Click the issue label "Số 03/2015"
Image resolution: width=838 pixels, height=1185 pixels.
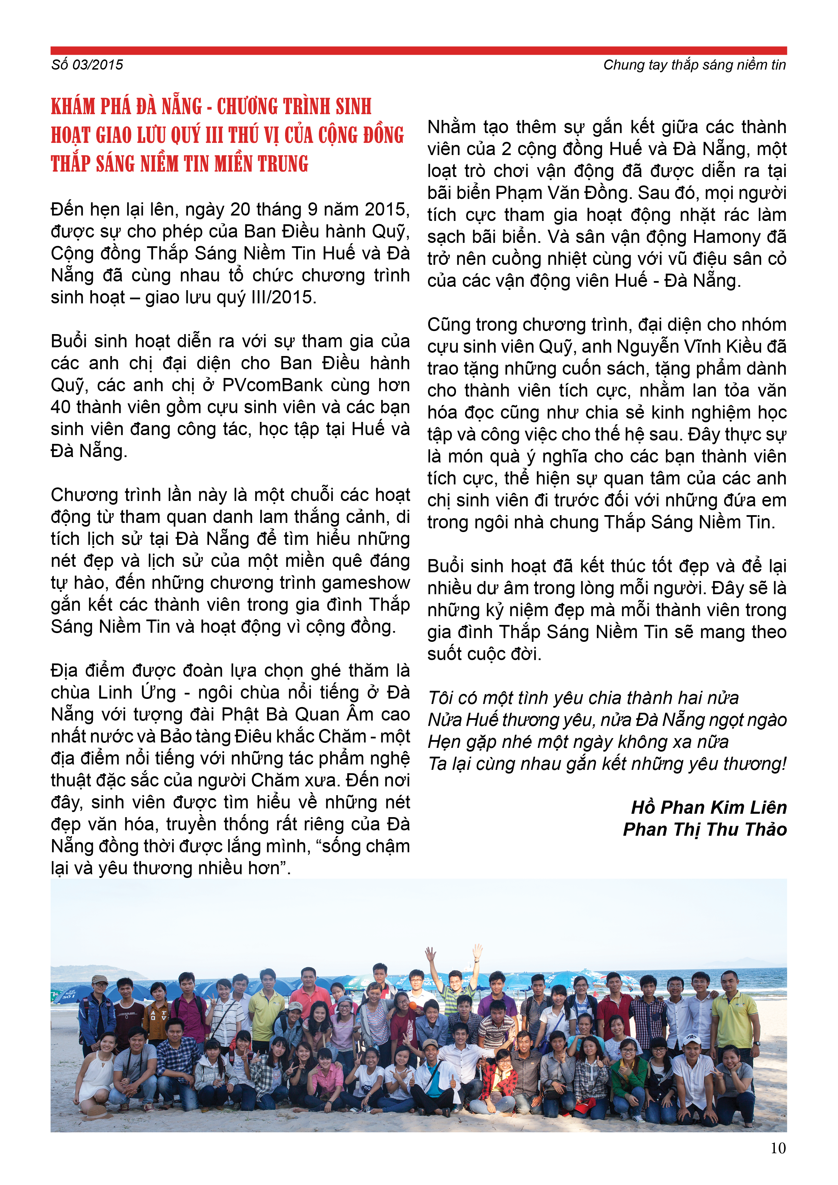(x=87, y=65)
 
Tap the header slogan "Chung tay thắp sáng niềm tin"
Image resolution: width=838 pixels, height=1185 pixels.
(x=694, y=65)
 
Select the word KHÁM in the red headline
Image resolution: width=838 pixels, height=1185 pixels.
(x=73, y=107)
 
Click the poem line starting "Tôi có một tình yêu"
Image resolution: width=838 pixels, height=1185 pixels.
(x=583, y=698)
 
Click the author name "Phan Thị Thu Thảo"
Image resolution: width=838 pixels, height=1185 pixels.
(x=704, y=829)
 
